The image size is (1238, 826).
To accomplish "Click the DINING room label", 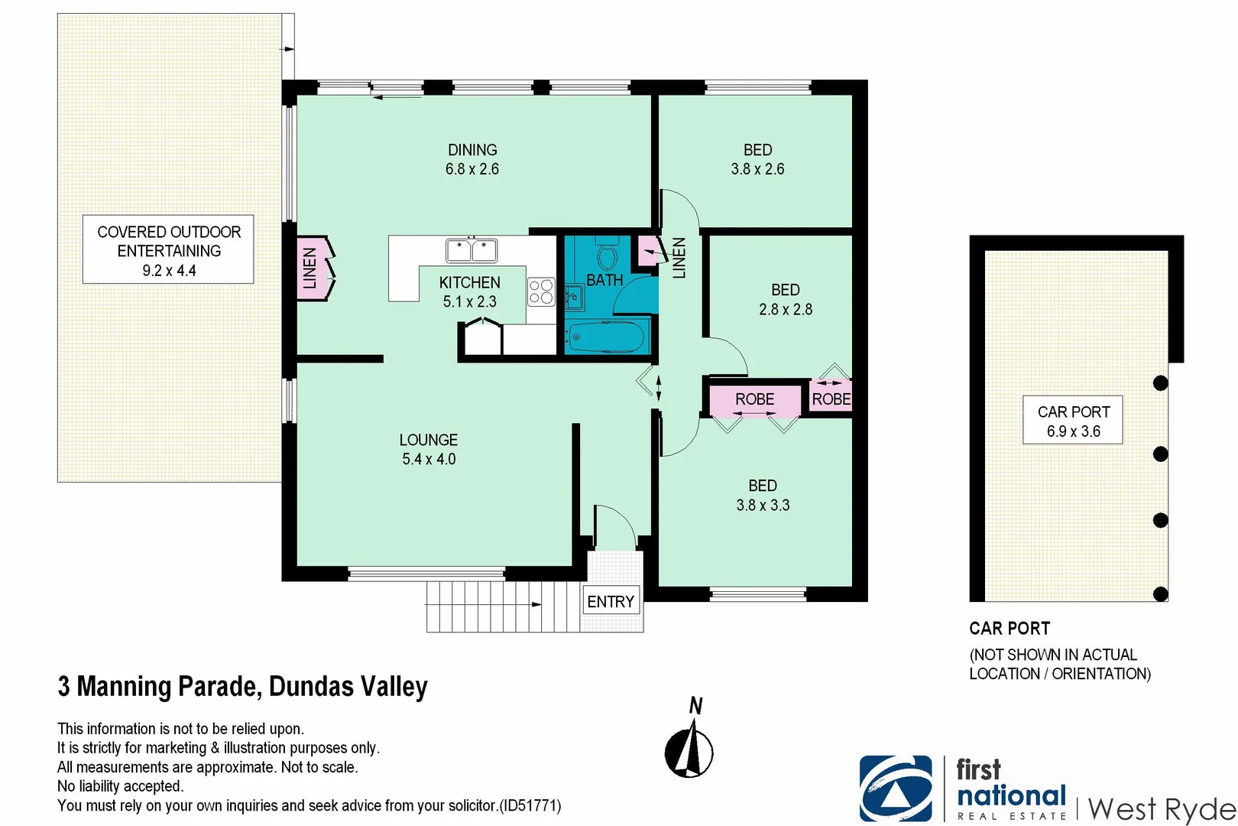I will click(x=472, y=151).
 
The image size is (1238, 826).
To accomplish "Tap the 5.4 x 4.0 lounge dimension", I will click(x=429, y=460).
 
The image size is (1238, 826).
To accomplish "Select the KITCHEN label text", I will click(x=469, y=283).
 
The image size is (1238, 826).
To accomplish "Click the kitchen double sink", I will click(x=472, y=250).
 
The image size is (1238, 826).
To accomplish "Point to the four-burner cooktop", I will click(x=541, y=291).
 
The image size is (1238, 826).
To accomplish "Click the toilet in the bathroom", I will click(x=608, y=256).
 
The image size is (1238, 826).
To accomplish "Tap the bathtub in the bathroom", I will click(x=608, y=337).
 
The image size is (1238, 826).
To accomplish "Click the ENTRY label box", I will click(x=611, y=602).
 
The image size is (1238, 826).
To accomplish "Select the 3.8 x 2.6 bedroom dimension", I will click(x=757, y=170).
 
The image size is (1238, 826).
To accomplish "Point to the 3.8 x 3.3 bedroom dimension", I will click(x=763, y=506).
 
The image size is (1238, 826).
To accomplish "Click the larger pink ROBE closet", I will click(x=754, y=399).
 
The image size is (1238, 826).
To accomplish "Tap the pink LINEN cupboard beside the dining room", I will click(x=310, y=268).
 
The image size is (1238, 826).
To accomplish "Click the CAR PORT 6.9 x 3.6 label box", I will click(x=1073, y=420).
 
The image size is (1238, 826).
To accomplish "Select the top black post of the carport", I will click(x=1160, y=383).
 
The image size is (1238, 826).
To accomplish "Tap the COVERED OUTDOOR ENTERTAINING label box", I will click(x=168, y=250).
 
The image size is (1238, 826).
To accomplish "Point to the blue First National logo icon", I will click(x=896, y=789).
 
